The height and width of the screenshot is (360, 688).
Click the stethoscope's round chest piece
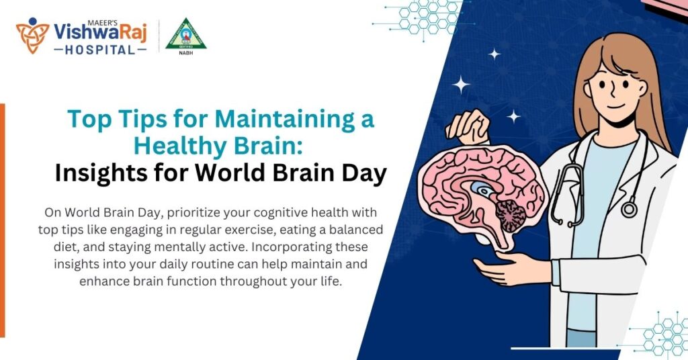click(x=629, y=210)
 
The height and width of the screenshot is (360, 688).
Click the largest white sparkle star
click(x=462, y=83)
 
